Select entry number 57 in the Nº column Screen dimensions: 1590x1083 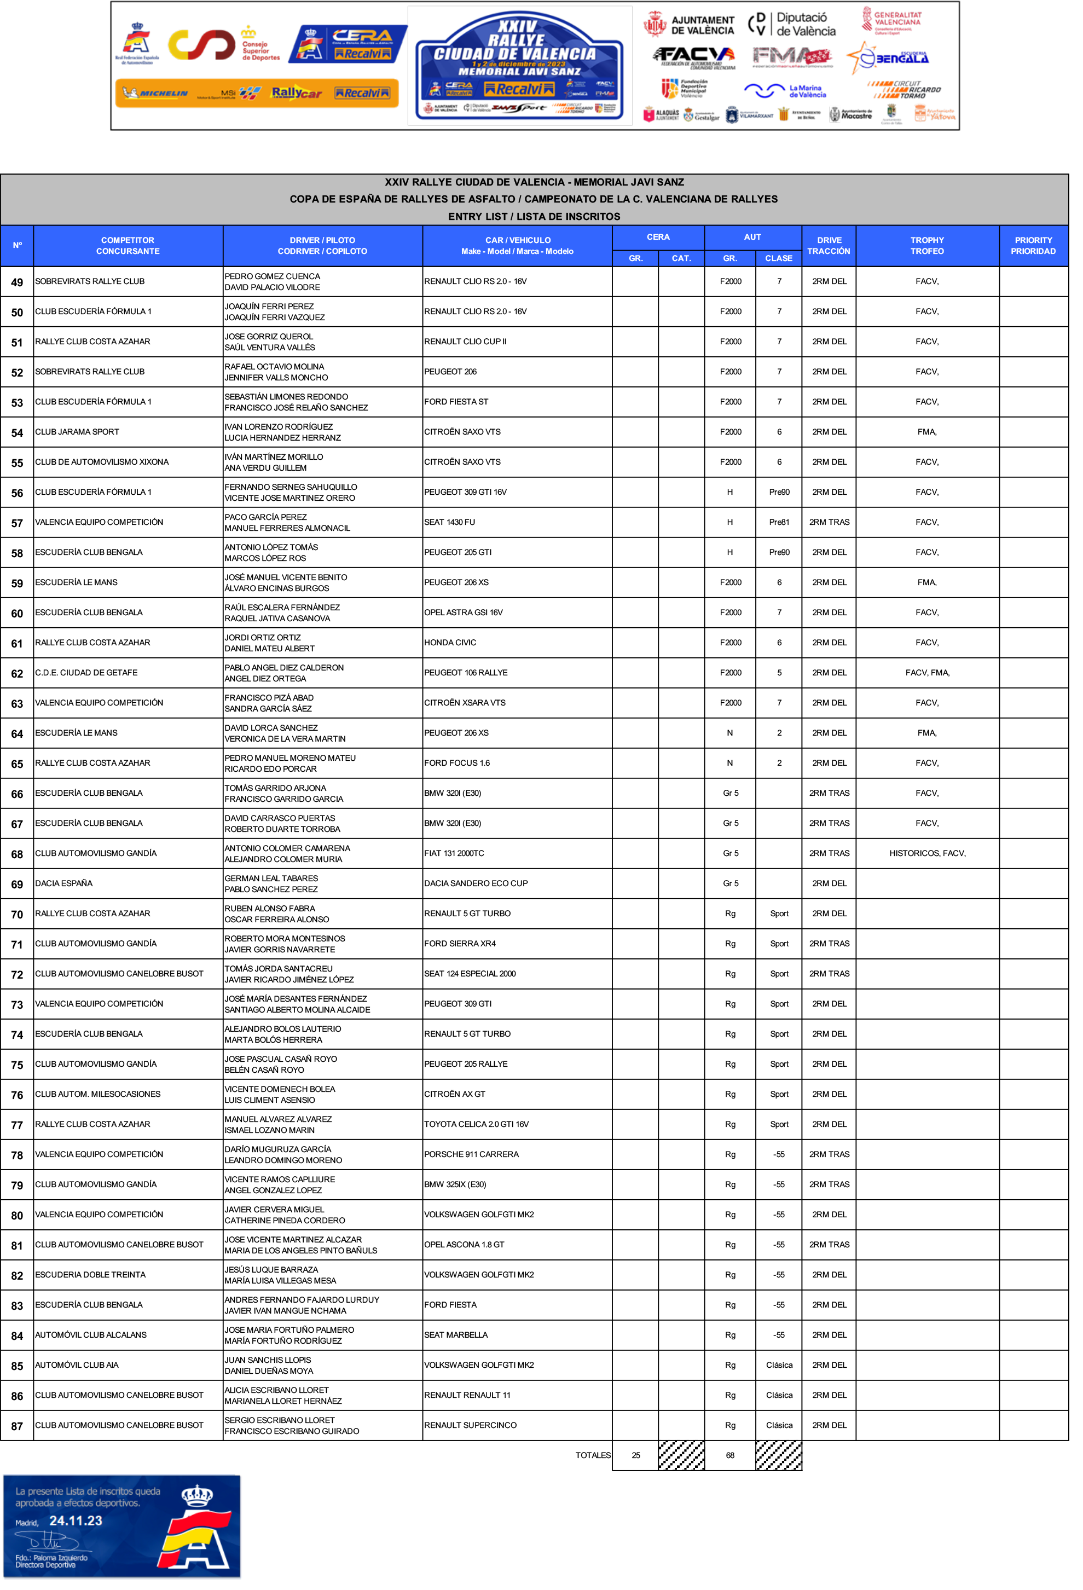click(17, 523)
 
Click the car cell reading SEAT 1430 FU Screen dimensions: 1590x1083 click(449, 522)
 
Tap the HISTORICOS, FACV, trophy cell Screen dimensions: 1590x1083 click(926, 853)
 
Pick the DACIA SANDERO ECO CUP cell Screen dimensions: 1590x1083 click(476, 883)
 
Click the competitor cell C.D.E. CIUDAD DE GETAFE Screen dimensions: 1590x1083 click(86, 673)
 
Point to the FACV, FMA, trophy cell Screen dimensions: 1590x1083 click(926, 673)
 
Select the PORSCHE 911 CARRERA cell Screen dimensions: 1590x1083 click(471, 1154)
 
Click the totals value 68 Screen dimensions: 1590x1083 click(729, 1455)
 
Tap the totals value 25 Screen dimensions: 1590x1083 click(635, 1455)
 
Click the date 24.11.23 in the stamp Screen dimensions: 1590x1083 click(76, 1520)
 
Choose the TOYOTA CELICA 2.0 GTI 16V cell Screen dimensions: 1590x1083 click(476, 1124)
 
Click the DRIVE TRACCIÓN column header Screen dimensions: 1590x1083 click(829, 246)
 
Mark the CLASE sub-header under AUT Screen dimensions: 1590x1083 click(779, 258)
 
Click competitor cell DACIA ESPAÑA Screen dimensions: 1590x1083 click(63, 883)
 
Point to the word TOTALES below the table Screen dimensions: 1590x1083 click(593, 1455)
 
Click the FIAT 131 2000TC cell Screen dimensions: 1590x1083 click(454, 853)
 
